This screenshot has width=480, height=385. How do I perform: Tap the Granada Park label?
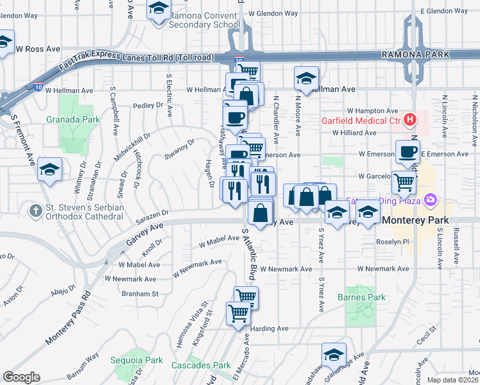(x=64, y=119)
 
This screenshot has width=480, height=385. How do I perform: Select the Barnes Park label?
(x=362, y=297)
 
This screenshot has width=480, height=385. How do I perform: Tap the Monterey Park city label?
(x=420, y=220)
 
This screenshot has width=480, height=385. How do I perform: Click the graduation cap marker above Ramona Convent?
(x=157, y=9)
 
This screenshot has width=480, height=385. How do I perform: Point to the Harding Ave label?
(x=270, y=329)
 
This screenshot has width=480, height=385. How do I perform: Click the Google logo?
(x=21, y=377)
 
